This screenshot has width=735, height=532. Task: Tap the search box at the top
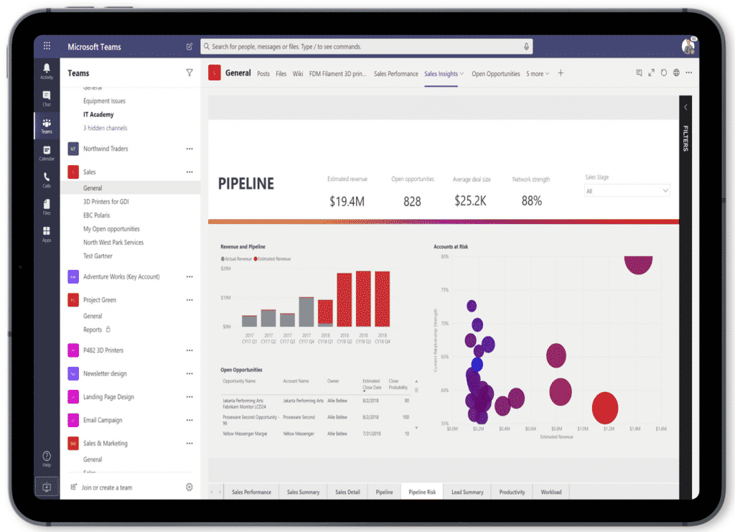pos(366,47)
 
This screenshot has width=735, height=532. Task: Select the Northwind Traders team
pos(106,149)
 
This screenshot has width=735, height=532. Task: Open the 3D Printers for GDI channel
pos(106,202)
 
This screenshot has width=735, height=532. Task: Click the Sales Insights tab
pos(441,73)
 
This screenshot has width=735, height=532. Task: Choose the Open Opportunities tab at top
pos(495,73)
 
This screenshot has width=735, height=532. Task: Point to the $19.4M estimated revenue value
pos(347,202)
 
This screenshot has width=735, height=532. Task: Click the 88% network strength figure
pos(531,202)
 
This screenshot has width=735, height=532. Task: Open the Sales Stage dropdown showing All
pos(627,191)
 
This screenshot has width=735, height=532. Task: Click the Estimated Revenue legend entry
pos(273,258)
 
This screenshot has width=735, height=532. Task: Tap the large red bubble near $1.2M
pos(605,408)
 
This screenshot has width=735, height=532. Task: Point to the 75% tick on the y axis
pos(445,289)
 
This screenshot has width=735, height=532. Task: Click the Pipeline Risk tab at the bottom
pos(422,492)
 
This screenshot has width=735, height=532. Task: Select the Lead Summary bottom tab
pos(467,492)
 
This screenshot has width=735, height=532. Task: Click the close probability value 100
pos(406,417)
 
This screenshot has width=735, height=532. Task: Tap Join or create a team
pos(106,487)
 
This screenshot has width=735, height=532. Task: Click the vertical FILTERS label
pos(685,139)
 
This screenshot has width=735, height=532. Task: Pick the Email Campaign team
pos(103,420)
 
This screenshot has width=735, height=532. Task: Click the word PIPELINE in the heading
pos(246,184)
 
